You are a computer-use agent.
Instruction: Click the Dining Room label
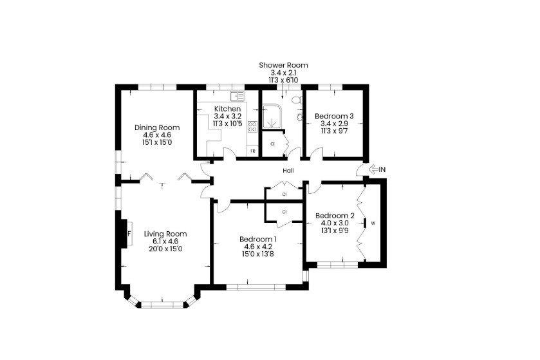point(157,128)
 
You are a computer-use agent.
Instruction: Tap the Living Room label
point(165,234)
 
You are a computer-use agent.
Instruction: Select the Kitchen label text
point(227,109)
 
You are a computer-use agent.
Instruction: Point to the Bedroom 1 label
point(258,239)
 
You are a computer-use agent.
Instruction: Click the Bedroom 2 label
point(335,216)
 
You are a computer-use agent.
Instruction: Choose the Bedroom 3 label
point(334,116)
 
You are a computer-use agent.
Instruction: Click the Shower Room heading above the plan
point(283,65)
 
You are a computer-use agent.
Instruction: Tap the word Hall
point(288,171)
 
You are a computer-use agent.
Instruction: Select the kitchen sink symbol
point(237,96)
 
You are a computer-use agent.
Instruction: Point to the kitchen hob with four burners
point(252,126)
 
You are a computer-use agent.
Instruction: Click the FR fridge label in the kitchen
point(252,151)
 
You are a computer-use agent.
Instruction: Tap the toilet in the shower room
point(297,100)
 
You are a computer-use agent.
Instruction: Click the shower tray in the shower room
point(272,117)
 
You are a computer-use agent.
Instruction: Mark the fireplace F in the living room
point(129,234)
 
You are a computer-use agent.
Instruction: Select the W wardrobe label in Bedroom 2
point(373,223)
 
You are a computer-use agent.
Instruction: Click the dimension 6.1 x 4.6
point(165,241)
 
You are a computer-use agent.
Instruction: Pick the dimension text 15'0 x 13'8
point(258,254)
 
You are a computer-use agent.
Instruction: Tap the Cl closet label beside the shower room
point(272,144)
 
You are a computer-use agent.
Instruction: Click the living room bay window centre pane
point(162,305)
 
